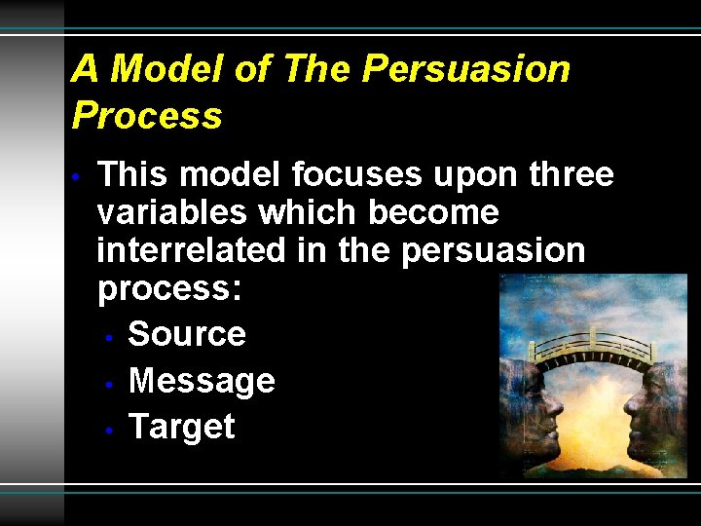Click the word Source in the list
(187, 334)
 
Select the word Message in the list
(202, 381)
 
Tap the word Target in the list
(181, 427)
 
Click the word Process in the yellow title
(147, 116)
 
